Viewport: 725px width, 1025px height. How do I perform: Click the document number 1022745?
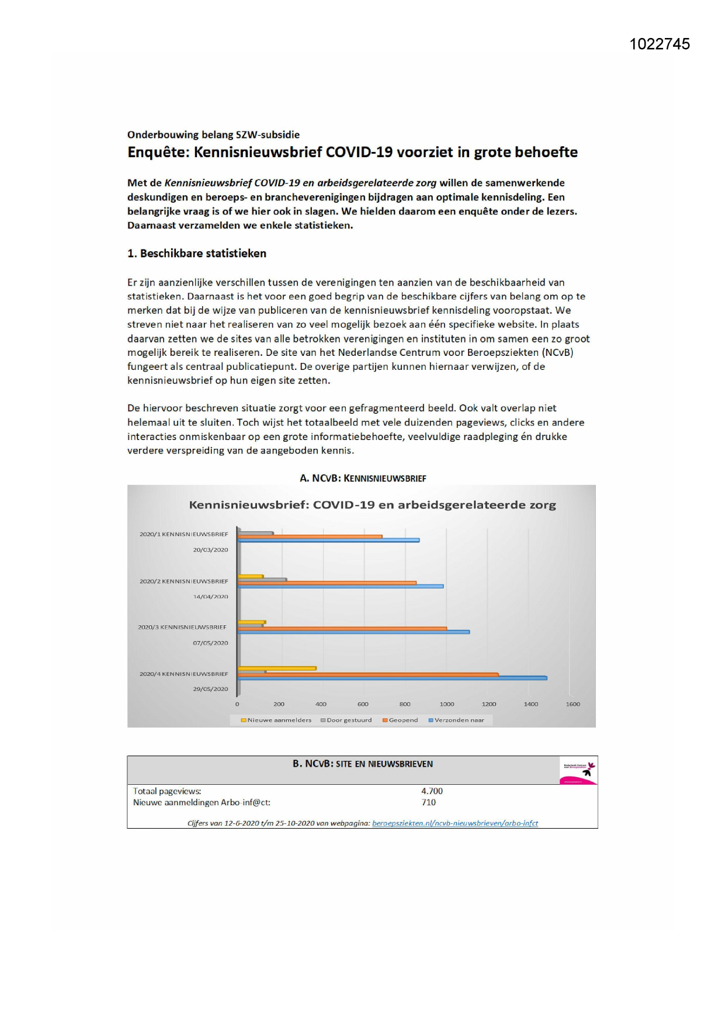click(660, 44)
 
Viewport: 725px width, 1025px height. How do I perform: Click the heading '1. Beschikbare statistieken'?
click(197, 254)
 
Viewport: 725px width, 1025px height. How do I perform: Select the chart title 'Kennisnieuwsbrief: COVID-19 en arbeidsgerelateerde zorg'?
click(372, 505)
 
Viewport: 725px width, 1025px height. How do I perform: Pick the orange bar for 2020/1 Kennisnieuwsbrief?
click(310, 536)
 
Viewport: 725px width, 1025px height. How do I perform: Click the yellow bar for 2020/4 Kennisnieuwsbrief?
click(277, 668)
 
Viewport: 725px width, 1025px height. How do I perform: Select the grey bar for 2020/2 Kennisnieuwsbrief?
click(262, 580)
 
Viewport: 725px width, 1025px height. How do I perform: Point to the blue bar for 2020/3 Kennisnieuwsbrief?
click(353, 632)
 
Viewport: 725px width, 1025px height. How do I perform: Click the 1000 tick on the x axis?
click(447, 704)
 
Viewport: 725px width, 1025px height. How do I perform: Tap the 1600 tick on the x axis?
click(573, 704)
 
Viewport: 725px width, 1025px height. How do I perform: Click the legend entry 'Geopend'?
click(403, 720)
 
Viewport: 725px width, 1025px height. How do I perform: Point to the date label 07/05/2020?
click(210, 643)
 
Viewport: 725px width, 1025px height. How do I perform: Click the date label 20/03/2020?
click(210, 550)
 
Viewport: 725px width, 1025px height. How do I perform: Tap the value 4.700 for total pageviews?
click(432, 791)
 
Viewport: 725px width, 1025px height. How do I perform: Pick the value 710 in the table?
click(429, 802)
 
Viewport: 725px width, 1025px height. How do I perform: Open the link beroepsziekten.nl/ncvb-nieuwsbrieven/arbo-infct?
click(455, 823)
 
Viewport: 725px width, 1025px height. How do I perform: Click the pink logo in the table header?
click(578, 771)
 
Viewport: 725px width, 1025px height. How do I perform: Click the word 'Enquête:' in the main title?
click(158, 153)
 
